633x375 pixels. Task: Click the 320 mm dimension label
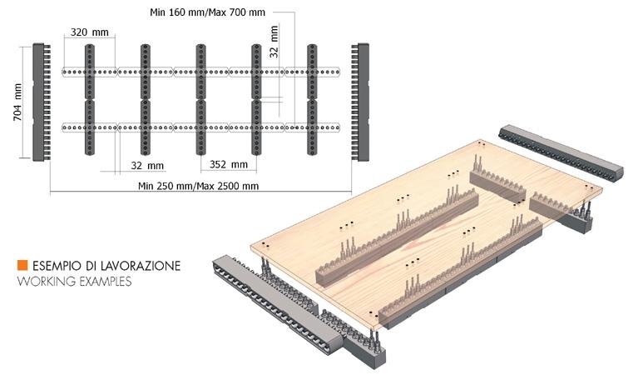(89, 32)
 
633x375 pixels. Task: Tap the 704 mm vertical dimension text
(17, 102)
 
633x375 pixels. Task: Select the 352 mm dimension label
(229, 164)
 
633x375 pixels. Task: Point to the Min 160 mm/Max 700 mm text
(207, 12)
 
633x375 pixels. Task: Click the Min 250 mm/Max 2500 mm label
(198, 186)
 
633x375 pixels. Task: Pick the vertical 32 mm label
(274, 42)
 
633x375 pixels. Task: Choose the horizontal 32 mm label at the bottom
(147, 166)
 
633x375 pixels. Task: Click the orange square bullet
(22, 265)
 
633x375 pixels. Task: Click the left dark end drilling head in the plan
(42, 102)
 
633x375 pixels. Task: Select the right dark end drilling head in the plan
(360, 102)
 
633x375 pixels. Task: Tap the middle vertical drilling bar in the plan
(201, 99)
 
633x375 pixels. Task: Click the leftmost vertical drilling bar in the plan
(90, 99)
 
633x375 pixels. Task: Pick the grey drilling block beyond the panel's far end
(561, 152)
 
